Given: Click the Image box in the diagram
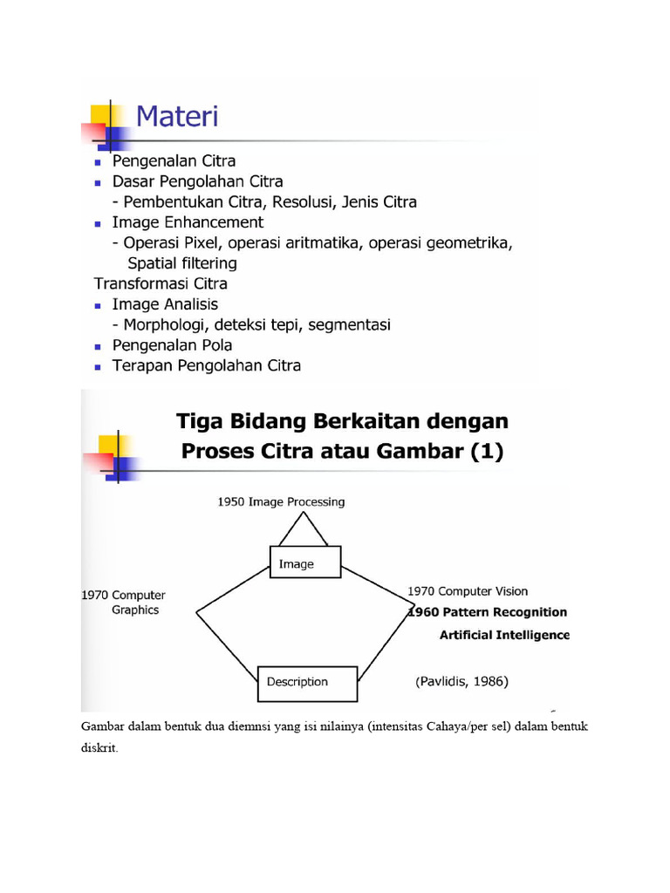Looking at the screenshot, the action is point(305,564).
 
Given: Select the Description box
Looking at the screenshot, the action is point(307,683).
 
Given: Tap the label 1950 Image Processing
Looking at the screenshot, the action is point(281,501).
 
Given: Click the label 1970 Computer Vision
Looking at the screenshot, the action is point(468,591).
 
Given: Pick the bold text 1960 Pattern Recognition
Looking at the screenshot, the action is point(489,612).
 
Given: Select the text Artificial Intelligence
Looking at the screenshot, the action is point(504,635).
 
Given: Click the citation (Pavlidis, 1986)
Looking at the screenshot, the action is point(461,681).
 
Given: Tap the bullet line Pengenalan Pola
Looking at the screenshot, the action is point(172,345).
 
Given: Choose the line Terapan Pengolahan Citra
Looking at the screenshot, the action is point(206,365).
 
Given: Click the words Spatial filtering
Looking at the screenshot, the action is point(181,262).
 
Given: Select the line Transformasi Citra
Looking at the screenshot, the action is point(161,283).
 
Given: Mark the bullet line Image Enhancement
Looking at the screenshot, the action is point(188,222).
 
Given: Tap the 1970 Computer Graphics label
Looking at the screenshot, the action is point(123,603).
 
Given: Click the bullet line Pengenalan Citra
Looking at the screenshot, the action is point(174,161).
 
